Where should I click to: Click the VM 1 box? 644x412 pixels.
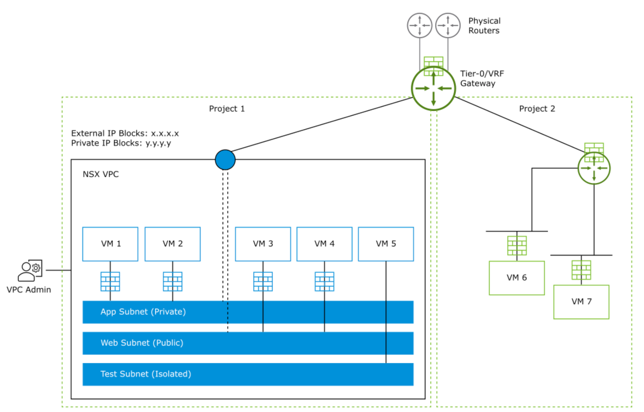point(110,244)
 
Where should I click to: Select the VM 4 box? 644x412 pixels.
point(324,244)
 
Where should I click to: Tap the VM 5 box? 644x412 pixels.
point(386,244)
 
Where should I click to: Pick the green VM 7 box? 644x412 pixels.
point(581,302)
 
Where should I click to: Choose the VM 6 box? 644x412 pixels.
point(517,278)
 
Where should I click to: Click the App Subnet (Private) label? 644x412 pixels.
point(143,312)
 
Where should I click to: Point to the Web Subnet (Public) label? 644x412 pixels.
point(142,343)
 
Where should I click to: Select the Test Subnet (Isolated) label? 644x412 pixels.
point(146,374)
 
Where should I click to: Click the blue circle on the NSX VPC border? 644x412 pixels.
point(225,160)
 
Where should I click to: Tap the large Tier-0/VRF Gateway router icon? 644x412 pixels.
point(433,88)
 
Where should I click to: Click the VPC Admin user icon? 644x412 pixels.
point(30,270)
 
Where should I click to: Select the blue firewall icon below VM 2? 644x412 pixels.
point(173,281)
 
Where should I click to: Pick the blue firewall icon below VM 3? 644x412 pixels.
point(263,281)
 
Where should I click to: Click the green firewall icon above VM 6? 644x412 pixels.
point(517,246)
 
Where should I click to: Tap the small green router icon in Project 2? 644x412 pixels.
point(594,168)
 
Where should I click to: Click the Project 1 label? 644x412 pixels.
point(227,109)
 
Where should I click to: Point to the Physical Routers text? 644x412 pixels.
point(484,26)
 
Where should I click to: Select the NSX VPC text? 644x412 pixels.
point(101,174)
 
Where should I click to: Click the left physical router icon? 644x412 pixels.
point(419,25)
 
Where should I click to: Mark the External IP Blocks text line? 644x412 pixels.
point(125,134)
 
